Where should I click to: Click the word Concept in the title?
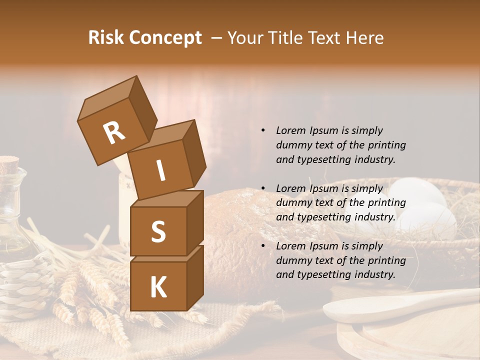(x=166, y=38)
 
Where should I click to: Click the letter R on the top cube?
(x=114, y=133)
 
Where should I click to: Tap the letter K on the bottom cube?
(x=158, y=287)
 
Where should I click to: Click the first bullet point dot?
(x=263, y=131)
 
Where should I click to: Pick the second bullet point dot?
(x=263, y=188)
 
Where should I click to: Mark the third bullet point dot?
(x=263, y=246)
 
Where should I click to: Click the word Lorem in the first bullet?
(x=290, y=130)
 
